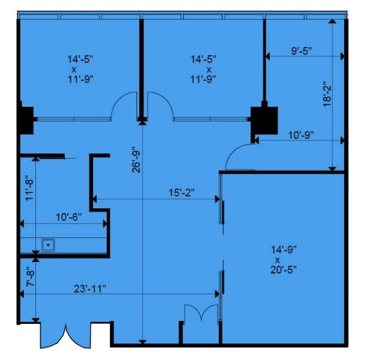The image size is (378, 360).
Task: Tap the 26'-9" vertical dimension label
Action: coord(136,159)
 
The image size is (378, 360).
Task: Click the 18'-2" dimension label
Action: coord(327,95)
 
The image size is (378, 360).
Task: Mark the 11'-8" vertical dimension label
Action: coord(30,187)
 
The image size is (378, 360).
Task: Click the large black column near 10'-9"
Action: coord(264,121)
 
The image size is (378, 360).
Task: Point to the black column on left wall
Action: coord(26,120)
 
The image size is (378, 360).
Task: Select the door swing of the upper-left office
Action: coord(125,104)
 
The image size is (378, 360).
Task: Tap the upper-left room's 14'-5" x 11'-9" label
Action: coord(81,69)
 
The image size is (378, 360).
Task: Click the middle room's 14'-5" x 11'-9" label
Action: coord(204,69)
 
